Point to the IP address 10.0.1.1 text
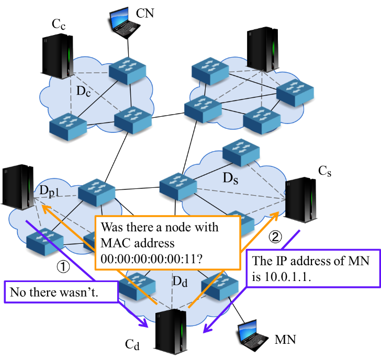(292, 277)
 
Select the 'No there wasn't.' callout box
(60, 293)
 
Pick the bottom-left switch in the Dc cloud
(68, 126)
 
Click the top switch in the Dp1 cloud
(97, 191)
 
